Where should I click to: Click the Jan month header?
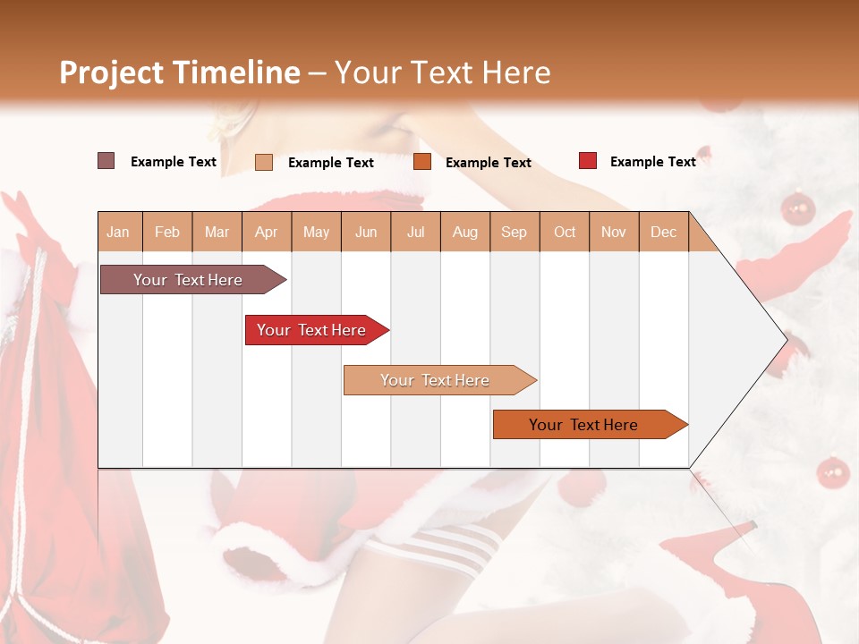[x=118, y=232]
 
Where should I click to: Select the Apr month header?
[x=266, y=232]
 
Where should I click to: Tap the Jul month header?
[x=415, y=232]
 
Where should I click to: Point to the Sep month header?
[x=514, y=232]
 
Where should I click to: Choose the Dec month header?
[x=663, y=232]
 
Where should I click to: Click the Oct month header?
[x=565, y=232]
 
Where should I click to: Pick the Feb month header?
[x=167, y=232]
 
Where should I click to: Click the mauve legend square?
[x=106, y=161]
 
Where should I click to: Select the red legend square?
[x=588, y=161]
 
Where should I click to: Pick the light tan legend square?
[x=264, y=162]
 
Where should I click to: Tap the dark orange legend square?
[x=422, y=162]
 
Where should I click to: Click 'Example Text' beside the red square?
[x=652, y=161]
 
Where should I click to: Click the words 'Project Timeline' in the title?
[x=179, y=72]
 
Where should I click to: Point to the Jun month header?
[x=366, y=232]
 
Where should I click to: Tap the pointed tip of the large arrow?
[x=785, y=339]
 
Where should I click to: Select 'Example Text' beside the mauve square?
[x=174, y=161]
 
